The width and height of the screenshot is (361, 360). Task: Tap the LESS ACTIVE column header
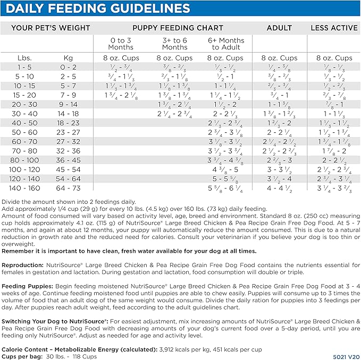click(334, 28)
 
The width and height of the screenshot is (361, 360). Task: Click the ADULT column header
click(280, 28)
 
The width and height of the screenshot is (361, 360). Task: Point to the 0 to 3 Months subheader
click(121, 44)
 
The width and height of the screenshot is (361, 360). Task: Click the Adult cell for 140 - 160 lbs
click(280, 188)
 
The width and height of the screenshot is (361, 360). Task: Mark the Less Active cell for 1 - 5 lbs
click(334, 67)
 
